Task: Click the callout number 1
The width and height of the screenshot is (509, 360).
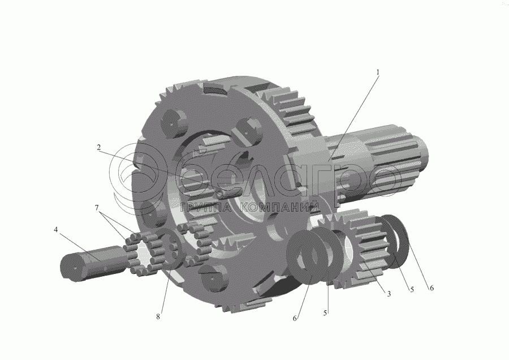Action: click(378, 72)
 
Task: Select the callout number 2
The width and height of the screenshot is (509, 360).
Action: click(98, 147)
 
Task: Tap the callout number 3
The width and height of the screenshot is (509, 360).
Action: click(389, 294)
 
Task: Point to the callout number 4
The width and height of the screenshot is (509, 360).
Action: click(56, 230)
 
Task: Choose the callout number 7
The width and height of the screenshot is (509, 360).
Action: click(97, 208)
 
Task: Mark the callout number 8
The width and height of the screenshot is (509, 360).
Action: click(158, 316)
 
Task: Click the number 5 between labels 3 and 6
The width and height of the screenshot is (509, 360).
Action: click(412, 289)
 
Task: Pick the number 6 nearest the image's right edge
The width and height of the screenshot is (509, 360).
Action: click(432, 288)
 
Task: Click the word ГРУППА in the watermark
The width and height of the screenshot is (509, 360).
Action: click(205, 207)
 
